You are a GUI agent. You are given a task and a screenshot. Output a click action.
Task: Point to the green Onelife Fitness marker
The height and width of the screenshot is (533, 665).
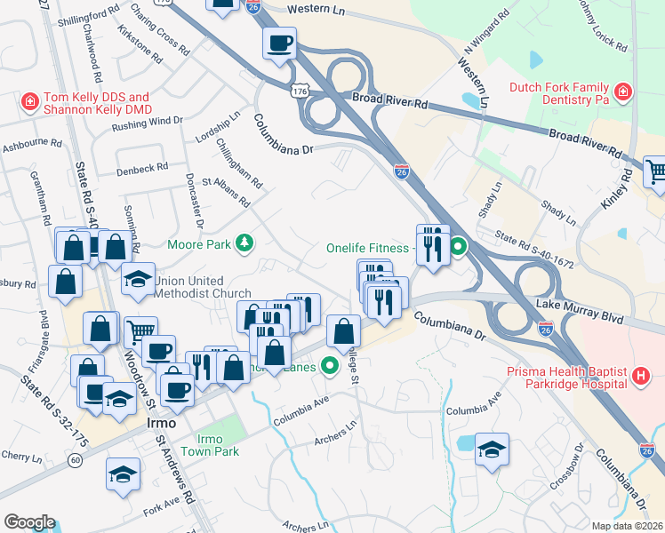tap(458, 247)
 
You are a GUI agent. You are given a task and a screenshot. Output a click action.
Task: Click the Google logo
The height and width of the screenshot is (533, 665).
tap(29, 521)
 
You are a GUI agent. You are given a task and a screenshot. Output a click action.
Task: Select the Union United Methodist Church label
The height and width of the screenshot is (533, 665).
tap(202, 287)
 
